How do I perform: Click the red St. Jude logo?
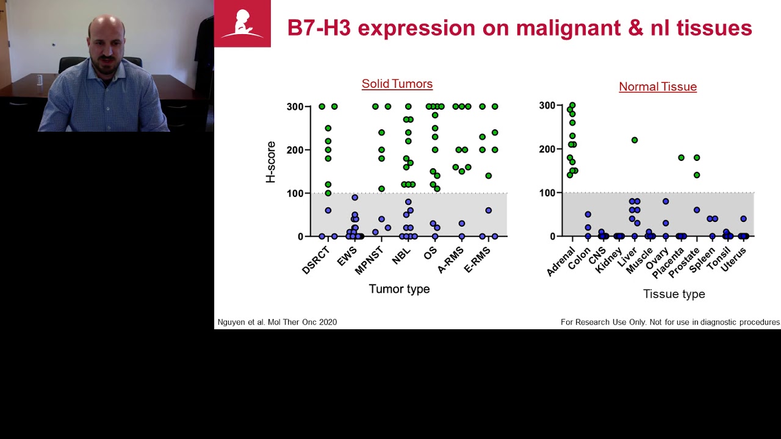(242, 24)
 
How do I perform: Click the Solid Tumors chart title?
(397, 84)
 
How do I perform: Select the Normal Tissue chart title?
(658, 87)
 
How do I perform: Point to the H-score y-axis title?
(271, 162)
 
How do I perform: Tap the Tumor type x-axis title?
(399, 289)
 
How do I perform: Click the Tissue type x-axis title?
(674, 294)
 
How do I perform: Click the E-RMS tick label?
(478, 259)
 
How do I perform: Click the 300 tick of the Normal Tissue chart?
(547, 105)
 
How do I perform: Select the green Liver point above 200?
(635, 140)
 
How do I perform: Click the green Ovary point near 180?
(681, 158)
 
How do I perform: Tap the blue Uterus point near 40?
(743, 218)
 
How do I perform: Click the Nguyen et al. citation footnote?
(277, 322)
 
